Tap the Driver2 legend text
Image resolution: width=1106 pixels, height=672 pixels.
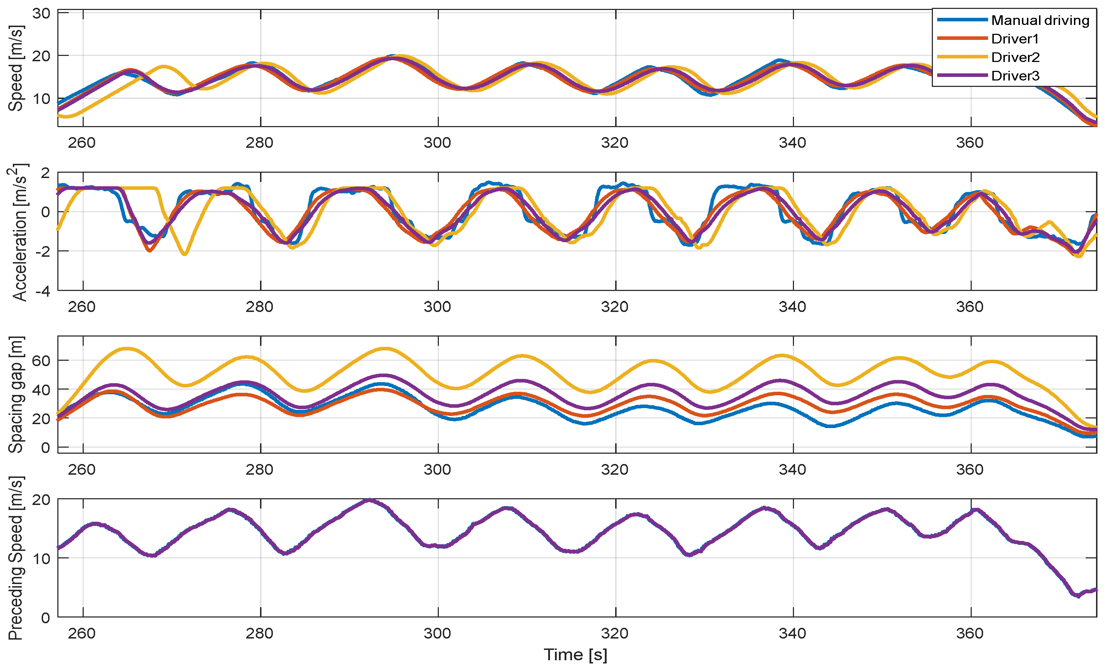[1015, 57]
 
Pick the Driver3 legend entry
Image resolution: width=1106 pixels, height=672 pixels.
[1015, 76]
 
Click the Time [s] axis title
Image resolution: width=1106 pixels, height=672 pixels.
[576, 655]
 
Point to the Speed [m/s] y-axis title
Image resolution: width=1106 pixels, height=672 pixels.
[16, 68]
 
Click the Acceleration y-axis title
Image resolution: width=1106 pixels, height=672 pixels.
[18, 232]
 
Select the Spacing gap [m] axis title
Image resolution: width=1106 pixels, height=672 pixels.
[16, 395]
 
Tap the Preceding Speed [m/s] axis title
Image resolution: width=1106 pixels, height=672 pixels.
[16, 558]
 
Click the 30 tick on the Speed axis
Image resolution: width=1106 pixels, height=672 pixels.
[41, 14]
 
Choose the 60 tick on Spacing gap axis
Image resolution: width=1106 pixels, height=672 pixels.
[41, 360]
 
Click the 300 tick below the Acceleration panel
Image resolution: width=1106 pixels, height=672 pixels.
[437, 307]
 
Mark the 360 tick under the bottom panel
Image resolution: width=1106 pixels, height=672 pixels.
[970, 634]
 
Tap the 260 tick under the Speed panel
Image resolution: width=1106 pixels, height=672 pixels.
[82, 143]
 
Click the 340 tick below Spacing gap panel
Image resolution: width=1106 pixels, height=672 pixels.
[792, 470]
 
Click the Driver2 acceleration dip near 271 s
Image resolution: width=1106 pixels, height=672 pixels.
[185, 254]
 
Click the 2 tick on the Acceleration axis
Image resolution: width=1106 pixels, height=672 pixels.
[45, 173]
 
